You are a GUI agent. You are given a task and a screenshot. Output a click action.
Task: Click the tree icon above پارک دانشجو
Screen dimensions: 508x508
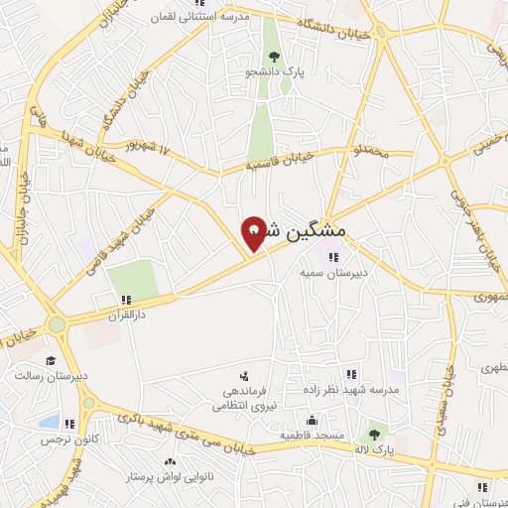point(273,56)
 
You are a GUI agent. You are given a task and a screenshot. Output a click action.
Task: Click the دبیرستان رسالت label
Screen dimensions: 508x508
point(52,376)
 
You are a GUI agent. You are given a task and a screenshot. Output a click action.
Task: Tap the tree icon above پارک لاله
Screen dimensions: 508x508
point(374,435)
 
